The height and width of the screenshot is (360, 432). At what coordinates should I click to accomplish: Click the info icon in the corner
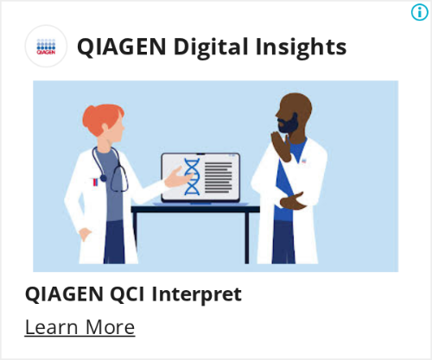[x=419, y=12]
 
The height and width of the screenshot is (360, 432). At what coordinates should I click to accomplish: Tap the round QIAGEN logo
[x=46, y=46]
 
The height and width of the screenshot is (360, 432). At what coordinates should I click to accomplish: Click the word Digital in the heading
[x=211, y=47]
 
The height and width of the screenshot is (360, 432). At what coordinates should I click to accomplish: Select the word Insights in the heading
[x=301, y=47]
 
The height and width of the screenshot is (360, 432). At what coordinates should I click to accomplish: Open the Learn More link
[x=79, y=327]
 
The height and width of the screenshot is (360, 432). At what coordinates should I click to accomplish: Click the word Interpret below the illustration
[x=197, y=295]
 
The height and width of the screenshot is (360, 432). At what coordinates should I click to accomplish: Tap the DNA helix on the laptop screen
[x=192, y=176]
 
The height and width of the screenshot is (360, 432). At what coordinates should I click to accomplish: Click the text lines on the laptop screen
[x=219, y=178]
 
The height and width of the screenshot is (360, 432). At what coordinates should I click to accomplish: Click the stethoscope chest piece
[x=103, y=179]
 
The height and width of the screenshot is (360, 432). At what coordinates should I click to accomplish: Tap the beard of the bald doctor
[x=288, y=124]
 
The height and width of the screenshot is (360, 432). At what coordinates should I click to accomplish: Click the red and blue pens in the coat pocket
[x=95, y=182]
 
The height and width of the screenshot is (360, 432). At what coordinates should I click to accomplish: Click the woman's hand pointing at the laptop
[x=178, y=179]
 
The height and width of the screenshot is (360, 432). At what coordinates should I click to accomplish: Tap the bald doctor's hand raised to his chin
[x=281, y=144]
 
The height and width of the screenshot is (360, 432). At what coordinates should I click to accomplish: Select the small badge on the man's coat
[x=303, y=161]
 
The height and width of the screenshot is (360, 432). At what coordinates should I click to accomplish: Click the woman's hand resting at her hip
[x=85, y=234]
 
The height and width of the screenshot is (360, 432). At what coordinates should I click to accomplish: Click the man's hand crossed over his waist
[x=293, y=201]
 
